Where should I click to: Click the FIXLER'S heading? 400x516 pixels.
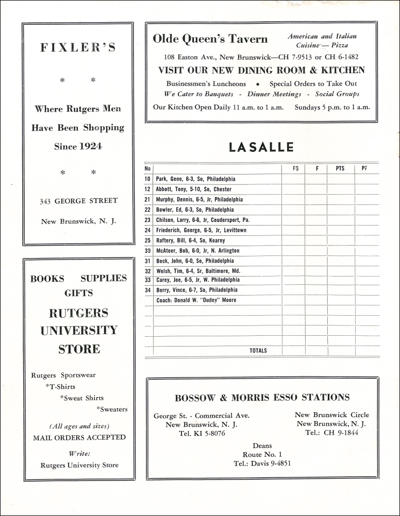point(78,48)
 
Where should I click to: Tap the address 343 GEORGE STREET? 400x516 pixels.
point(79,201)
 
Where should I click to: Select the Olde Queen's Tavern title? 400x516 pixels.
point(210,39)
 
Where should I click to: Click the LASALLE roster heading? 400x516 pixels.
point(261,147)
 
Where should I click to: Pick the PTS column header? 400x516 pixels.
point(340,168)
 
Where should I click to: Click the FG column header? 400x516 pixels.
point(295,168)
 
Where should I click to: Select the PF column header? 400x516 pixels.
point(364,168)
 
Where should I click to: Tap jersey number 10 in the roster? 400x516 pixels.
point(147,179)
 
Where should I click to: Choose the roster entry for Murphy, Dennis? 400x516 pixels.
point(199,199)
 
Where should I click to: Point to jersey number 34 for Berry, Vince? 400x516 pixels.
point(147,290)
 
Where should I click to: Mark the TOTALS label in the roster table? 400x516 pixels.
point(258,351)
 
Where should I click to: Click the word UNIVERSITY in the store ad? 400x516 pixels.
point(79,330)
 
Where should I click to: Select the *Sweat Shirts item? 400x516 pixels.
point(81,398)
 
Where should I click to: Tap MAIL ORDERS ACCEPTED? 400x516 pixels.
point(79,437)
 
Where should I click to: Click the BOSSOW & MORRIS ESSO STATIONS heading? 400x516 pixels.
point(262,397)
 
